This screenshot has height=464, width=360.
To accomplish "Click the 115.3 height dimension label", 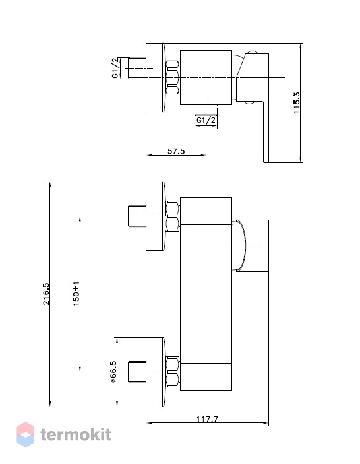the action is [297, 103].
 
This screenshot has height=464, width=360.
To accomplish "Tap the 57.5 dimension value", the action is [176, 151].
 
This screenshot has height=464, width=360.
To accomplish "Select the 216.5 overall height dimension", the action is [46, 294].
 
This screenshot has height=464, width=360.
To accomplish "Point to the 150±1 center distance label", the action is [76, 294].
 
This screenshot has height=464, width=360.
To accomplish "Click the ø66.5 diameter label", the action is [113, 372].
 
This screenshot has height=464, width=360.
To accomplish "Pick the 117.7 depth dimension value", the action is [207, 419].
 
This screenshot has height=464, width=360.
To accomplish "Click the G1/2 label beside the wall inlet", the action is [115, 68].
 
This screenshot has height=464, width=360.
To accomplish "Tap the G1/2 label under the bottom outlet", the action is [206, 120].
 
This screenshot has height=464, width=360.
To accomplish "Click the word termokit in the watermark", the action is [76, 435].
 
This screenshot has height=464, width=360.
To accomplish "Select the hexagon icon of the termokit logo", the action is [26, 434].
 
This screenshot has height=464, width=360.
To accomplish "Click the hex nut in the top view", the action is [173, 77].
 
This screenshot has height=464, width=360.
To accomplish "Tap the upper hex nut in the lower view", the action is [173, 216].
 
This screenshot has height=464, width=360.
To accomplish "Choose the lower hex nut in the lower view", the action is [173, 372].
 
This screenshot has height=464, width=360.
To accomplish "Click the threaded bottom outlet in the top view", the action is [206, 110].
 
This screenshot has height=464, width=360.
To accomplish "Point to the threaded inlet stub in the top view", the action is [137, 68].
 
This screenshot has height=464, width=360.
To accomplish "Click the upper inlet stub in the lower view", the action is [137, 216].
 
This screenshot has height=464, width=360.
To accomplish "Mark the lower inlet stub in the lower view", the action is [137, 372].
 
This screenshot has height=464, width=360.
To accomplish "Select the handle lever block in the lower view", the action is [252, 246].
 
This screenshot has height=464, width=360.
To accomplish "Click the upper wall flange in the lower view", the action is [155, 216].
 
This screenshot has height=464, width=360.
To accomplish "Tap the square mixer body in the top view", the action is [206, 77].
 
